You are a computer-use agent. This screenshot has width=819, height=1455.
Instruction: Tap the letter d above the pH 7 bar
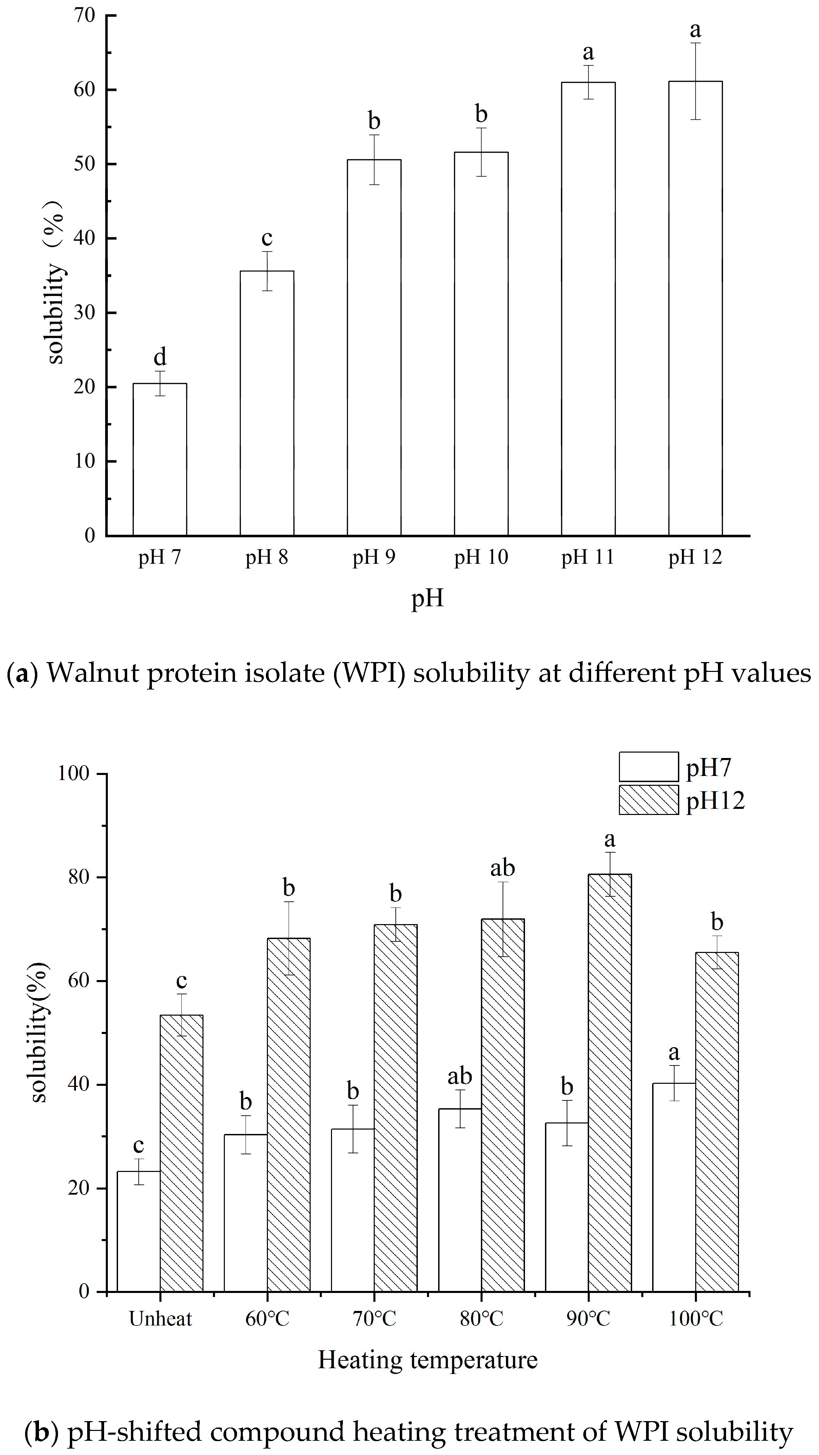click(x=160, y=357)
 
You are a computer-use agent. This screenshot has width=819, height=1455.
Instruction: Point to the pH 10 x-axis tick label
click(x=481, y=557)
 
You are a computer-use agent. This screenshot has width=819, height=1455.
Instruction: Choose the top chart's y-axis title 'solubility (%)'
click(x=55, y=282)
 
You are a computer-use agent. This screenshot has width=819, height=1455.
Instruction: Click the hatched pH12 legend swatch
click(x=648, y=800)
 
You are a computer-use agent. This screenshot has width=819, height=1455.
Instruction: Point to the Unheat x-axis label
click(x=160, y=1318)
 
